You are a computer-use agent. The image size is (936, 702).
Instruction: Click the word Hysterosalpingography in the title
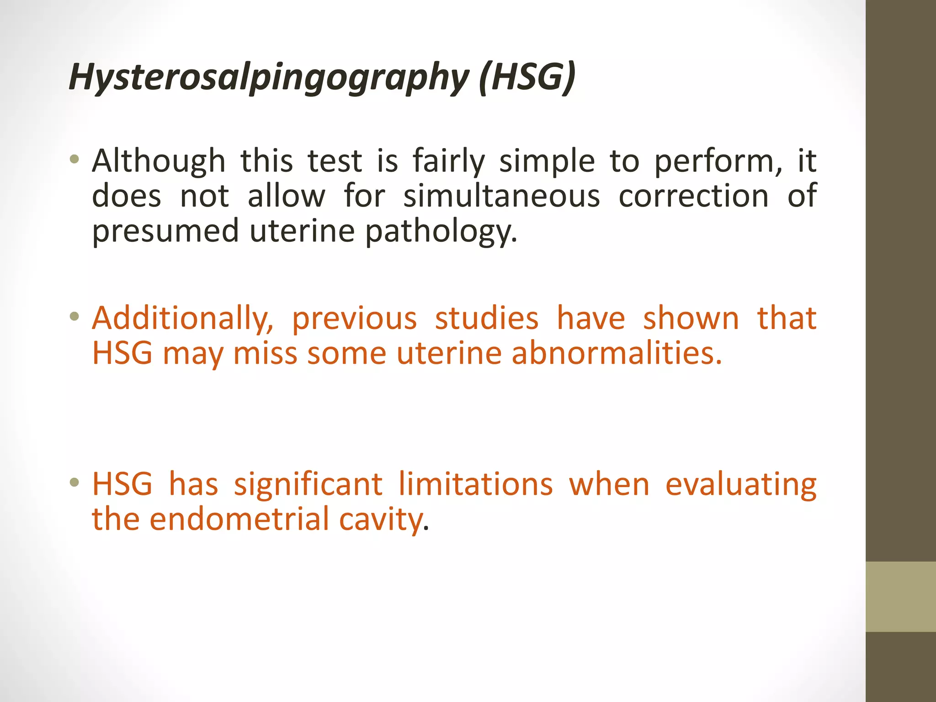tap(269, 77)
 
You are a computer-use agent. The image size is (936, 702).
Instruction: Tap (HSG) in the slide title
tap(527, 76)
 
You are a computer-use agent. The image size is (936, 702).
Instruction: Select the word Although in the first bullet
tap(159, 161)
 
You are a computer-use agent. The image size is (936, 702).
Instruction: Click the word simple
tap(547, 161)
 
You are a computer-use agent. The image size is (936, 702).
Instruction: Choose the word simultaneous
tap(501, 196)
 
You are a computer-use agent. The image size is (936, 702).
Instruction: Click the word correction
tap(693, 196)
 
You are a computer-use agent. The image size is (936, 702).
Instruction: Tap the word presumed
tap(165, 231)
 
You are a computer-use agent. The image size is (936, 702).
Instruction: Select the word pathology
tap(441, 231)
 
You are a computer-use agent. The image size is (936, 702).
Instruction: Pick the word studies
tap(486, 319)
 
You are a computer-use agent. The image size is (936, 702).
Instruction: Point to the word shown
tap(691, 319)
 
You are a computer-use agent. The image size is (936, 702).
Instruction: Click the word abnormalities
tap(617, 353)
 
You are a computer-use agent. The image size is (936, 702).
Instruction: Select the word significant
tap(308, 484)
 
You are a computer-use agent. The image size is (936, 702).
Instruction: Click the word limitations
tap(475, 484)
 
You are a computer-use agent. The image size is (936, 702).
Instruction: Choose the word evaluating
tap(740, 484)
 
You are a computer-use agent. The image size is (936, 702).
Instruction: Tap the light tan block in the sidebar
tap(900, 596)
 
